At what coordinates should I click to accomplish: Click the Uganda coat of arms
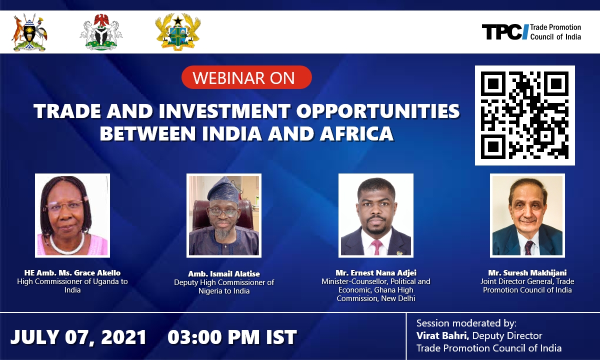pos(29,32)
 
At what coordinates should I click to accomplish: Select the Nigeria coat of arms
pos(101,32)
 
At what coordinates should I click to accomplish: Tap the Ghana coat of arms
pos(178,32)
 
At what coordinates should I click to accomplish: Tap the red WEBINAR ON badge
pos(246,77)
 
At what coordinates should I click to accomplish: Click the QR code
pos(524,115)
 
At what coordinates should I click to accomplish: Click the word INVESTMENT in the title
pos(224,111)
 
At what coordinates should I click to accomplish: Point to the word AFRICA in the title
pos(356,133)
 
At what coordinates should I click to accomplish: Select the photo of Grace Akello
pos(72,215)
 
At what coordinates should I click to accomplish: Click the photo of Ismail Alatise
pos(224,215)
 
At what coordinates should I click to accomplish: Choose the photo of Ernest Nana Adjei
pos(376,215)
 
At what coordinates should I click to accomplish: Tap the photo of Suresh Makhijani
pos(527,215)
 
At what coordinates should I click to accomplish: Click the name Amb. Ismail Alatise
pos(224,274)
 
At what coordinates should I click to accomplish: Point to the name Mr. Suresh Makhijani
pos(527,273)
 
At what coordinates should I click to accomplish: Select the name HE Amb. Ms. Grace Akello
pos(72,273)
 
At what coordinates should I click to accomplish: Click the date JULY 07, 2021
pos(78,336)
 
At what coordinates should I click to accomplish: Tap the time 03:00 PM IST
pos(232,336)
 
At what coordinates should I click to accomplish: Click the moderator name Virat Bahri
pos(442,335)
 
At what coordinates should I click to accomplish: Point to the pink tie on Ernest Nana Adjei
pos(376,247)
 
